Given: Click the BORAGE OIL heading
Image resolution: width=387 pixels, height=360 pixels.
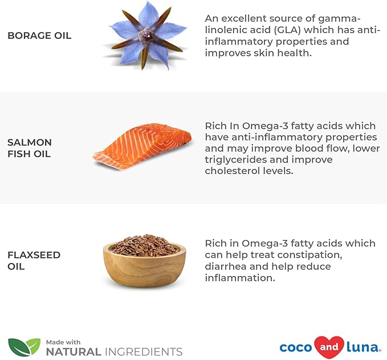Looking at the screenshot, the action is coord(39,35).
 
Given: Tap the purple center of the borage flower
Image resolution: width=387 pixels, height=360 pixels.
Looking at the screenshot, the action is coord(147,35).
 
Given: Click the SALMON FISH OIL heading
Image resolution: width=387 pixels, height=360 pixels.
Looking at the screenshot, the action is coord(30,148).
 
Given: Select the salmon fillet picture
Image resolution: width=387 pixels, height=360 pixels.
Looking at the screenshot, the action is coord(142,147).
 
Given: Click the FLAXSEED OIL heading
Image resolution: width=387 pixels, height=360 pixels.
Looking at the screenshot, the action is coord(34,261).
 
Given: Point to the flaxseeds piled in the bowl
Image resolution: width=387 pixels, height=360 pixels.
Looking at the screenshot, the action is coord(144,245).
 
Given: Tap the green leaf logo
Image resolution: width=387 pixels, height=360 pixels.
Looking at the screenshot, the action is coord(24,347).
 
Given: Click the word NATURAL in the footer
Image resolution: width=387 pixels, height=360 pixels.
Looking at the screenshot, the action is coord(74,351).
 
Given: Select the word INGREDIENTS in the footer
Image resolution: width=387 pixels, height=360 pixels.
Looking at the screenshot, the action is coord(144,351).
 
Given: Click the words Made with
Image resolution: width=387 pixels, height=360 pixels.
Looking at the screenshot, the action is coord(63,342).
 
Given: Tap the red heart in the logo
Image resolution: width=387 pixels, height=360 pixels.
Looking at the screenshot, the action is coord(329,347).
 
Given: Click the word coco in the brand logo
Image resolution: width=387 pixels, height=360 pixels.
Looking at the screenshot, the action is coord(296,347).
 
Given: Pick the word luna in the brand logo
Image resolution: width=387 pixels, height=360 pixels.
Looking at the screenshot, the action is coord(362,347).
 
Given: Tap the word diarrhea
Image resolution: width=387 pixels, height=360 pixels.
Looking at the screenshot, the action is coord(226,266).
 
